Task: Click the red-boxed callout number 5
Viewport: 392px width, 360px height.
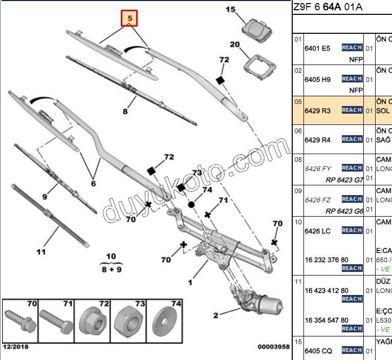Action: [x=130, y=18]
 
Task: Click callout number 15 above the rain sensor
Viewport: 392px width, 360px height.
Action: [x=230, y=9]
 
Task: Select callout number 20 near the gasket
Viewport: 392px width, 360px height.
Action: [x=235, y=45]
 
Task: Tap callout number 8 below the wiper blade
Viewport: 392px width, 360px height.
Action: [x=125, y=110]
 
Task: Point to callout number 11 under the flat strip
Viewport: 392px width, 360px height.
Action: [x=41, y=251]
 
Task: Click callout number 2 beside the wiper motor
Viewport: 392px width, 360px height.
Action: [x=215, y=315]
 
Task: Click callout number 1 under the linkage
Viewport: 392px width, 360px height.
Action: [x=190, y=282]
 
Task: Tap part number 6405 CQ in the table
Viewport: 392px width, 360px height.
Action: [x=318, y=351]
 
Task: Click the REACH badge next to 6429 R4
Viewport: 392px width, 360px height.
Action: [x=352, y=139]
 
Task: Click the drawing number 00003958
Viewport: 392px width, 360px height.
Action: [x=274, y=347]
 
